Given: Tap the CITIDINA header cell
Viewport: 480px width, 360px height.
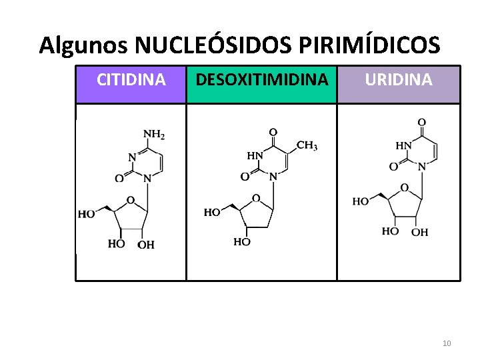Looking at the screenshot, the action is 131,81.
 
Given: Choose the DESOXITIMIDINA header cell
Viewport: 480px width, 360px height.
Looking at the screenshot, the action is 261,81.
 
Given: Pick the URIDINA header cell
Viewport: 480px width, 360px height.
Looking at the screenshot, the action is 398,81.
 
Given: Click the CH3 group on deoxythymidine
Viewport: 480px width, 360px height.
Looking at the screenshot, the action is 307,145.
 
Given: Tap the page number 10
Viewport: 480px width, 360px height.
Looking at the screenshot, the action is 447,343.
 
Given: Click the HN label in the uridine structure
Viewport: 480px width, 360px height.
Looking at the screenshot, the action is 404,145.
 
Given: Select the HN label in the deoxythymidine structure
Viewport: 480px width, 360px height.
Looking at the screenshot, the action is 255,155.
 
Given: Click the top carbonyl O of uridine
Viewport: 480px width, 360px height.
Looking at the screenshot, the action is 421,123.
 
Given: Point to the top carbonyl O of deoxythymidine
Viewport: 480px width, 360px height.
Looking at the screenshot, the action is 273,132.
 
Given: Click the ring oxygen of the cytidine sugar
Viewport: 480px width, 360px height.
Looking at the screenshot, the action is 130,199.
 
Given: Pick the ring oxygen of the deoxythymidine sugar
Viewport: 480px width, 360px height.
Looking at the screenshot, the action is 256,198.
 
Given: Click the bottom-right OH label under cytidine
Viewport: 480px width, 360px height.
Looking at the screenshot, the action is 146,245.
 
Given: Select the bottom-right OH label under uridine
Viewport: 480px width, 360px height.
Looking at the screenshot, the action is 419,232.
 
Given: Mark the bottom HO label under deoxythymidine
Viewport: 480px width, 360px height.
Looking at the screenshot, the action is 242,242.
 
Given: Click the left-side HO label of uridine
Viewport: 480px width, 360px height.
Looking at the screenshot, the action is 361,201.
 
